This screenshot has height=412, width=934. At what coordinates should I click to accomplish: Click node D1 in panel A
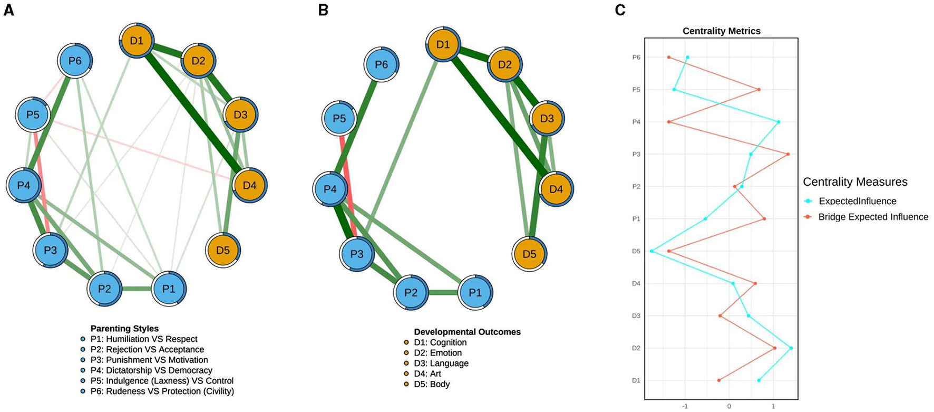pyautogui.click(x=137, y=40)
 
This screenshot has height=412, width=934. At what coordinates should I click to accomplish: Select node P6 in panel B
pyautogui.click(x=381, y=64)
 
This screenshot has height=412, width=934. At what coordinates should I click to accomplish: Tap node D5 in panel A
pyautogui.click(x=223, y=250)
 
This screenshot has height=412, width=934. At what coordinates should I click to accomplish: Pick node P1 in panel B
pyautogui.click(x=475, y=292)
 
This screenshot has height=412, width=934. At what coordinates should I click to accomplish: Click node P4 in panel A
pyautogui.click(x=24, y=185)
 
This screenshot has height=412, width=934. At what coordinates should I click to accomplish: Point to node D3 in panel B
pyautogui.click(x=547, y=119)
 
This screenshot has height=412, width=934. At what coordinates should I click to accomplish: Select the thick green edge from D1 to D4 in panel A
pyautogui.click(x=192, y=112)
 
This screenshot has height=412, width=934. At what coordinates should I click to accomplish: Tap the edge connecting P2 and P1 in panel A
pyautogui.click(x=137, y=289)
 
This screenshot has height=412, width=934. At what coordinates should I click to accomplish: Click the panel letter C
pyautogui.click(x=620, y=10)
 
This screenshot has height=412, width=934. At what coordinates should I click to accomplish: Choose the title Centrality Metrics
pyautogui.click(x=721, y=31)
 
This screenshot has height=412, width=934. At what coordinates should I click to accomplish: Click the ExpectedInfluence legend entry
pyautogui.click(x=857, y=201)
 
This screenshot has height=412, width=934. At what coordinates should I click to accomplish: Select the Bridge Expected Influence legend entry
pyautogui.click(x=873, y=217)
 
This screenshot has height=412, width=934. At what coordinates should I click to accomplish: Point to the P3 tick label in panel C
pyautogui.click(x=636, y=154)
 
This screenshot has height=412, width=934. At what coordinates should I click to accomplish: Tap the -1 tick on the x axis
pyautogui.click(x=685, y=406)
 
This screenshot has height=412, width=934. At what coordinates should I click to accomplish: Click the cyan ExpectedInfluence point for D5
pyautogui.click(x=652, y=251)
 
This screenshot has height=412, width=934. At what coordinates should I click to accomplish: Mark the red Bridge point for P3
pyautogui.click(x=788, y=154)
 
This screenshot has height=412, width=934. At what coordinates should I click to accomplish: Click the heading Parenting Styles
pyautogui.click(x=124, y=329)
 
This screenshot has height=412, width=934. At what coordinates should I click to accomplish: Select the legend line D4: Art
pyautogui.click(x=427, y=374)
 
